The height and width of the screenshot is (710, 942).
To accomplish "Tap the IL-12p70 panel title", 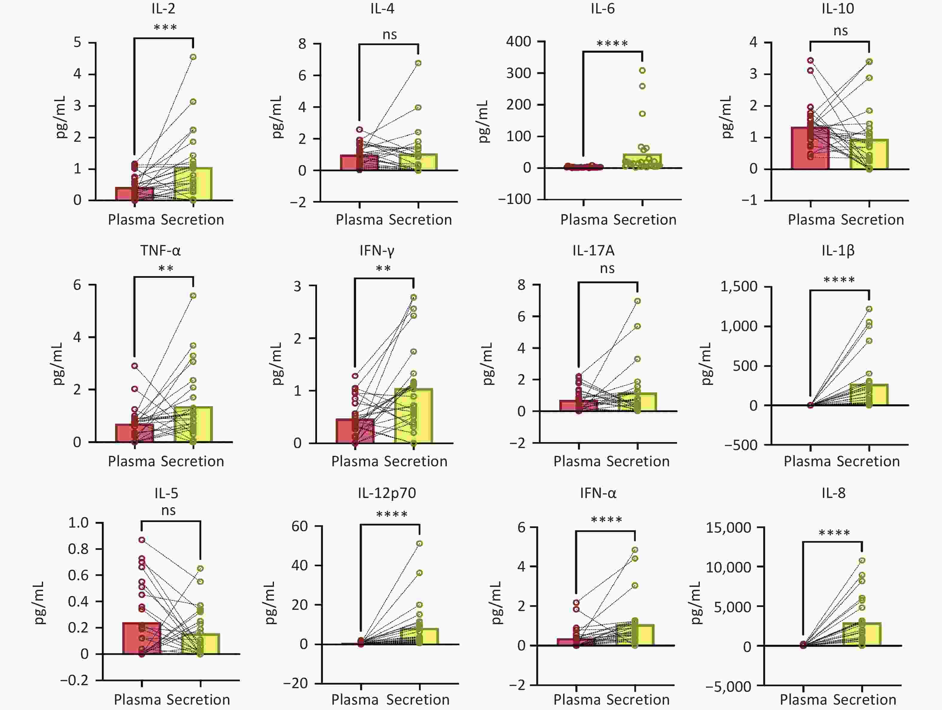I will click(x=387, y=493).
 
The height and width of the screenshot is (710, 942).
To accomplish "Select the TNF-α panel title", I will click(x=161, y=250).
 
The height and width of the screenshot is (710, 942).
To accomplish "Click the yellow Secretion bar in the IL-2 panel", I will click(x=193, y=184).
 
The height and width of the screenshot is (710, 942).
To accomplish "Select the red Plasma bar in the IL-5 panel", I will click(x=142, y=638).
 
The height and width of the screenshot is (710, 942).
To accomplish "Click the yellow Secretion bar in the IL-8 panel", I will click(x=862, y=634).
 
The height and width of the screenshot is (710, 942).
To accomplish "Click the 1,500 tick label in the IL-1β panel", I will click(x=739, y=286).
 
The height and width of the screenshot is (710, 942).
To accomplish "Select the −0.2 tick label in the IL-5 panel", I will click(x=74, y=680).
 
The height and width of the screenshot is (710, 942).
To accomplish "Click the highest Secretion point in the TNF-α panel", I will click(x=193, y=295).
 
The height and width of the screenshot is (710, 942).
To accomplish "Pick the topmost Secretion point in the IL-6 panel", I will click(x=642, y=70).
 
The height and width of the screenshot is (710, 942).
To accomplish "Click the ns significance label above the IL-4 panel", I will click(x=390, y=34).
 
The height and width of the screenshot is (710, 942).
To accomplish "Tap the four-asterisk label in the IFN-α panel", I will click(x=606, y=519).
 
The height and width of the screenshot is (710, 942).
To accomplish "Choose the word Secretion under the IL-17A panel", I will click(x=638, y=461).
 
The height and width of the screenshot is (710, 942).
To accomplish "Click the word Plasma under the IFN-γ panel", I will click(x=355, y=461).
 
